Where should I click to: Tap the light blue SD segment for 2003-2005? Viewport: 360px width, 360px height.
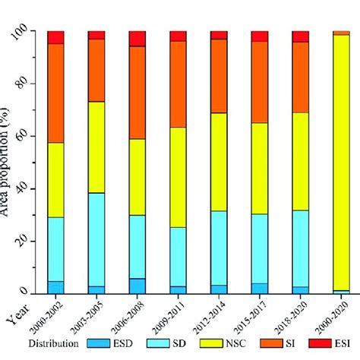(96, 239)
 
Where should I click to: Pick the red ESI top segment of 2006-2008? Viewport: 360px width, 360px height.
(137, 39)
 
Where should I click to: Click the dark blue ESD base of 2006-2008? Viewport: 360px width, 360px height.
(137, 286)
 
